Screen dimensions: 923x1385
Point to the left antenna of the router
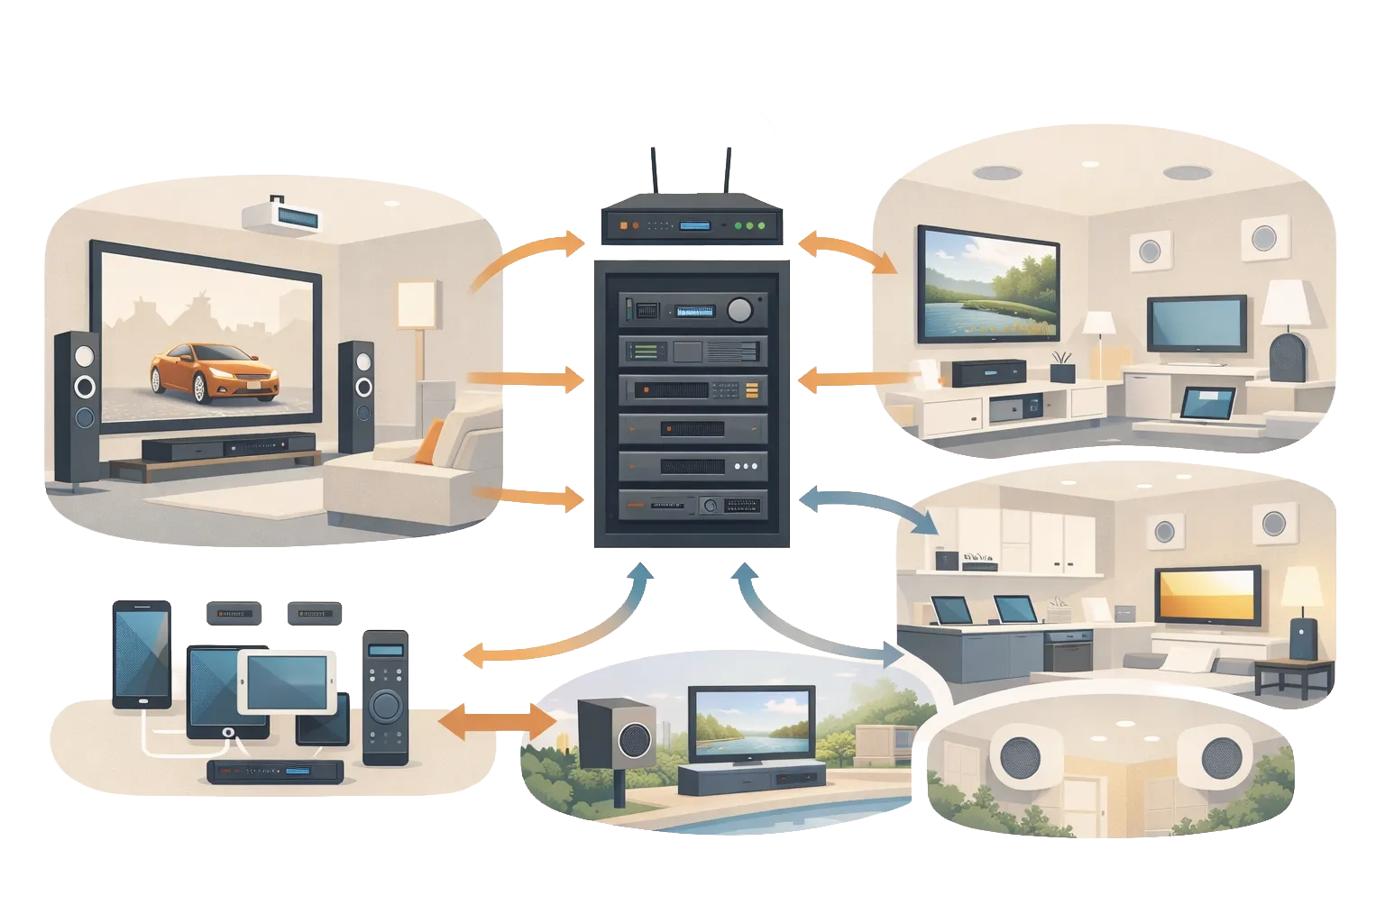click(x=654, y=176)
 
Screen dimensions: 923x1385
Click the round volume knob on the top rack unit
click(x=739, y=310)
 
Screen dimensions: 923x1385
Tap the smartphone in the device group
click(x=140, y=653)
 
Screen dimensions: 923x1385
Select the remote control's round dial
click(x=385, y=702)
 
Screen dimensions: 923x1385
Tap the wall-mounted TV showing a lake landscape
click(x=987, y=284)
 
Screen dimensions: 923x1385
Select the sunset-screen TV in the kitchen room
click(x=1208, y=596)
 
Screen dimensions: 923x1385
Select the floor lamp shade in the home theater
click(x=417, y=305)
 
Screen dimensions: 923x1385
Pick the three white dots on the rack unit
click(x=746, y=467)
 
